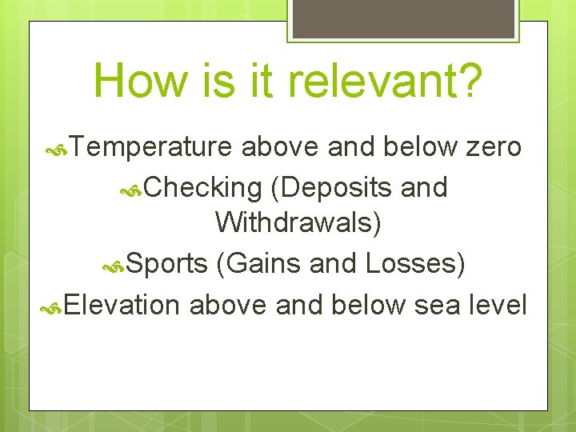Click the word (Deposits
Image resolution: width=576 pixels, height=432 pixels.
pos(331,187)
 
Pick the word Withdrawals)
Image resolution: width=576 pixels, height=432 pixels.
pos(298,223)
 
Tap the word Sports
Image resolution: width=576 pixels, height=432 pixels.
pos(166,262)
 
